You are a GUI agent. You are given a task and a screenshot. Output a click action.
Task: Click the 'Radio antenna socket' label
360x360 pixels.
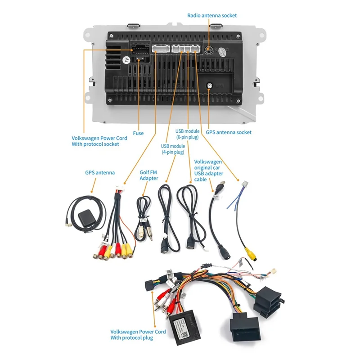click(212, 15)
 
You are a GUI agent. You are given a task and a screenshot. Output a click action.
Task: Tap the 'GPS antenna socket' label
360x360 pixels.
click(229, 132)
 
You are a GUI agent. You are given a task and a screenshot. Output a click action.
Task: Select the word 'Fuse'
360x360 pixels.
click(138, 133)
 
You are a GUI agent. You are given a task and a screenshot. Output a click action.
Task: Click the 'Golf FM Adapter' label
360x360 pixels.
click(148, 175)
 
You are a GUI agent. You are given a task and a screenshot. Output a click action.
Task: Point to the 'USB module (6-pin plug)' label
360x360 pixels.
click(188, 134)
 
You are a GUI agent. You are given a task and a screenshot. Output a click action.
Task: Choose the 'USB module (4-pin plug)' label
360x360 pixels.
click(173, 149)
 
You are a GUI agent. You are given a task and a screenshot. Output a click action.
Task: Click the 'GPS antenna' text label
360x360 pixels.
click(100, 172)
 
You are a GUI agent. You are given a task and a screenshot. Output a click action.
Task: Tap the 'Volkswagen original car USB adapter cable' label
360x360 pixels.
click(208, 170)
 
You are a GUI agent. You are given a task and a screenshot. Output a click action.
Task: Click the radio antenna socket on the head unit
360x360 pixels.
click(209, 50)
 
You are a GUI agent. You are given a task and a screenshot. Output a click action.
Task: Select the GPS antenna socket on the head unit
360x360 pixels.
click(210, 85)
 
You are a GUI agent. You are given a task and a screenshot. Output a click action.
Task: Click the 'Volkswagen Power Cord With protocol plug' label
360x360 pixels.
click(138, 335)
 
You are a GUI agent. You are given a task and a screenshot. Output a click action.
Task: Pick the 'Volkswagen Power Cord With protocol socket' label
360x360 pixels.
click(99, 141)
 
